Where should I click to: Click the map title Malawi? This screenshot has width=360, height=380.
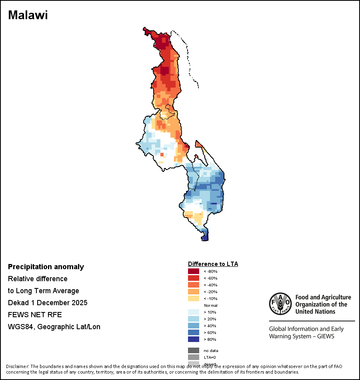(28, 16)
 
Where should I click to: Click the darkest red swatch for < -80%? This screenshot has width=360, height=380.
(194, 271)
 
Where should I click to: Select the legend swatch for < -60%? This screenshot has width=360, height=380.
(194, 278)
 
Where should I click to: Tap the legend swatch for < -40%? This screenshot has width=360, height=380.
(194, 285)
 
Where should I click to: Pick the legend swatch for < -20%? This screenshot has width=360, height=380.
(194, 292)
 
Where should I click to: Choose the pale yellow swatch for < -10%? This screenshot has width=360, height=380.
(194, 298)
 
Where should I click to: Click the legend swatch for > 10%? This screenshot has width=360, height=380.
(194, 312)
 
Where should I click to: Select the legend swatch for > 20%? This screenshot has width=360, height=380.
(194, 319)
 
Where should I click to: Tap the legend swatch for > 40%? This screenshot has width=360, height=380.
(194, 326)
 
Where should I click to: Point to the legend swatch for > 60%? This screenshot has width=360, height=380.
(194, 332)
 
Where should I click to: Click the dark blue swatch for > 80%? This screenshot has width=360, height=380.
(194, 339)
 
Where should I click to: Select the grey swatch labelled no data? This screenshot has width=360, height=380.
(194, 350)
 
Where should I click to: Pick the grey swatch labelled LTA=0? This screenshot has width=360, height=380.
(194, 357)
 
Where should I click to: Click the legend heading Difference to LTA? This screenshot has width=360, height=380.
(213, 264)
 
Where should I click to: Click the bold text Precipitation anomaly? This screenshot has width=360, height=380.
(46, 267)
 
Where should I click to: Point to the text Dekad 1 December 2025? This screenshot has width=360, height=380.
(48, 302)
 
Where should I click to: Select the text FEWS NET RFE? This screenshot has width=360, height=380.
(35, 315)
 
